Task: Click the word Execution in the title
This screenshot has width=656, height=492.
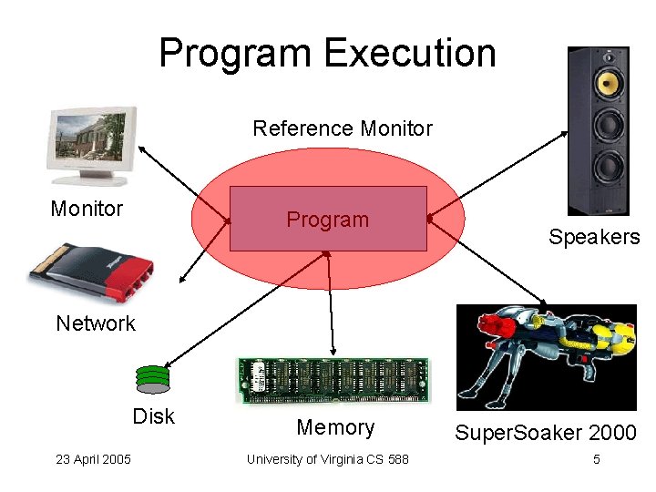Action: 410,53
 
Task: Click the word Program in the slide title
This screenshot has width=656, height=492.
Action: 236,53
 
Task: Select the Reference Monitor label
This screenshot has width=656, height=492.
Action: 342,128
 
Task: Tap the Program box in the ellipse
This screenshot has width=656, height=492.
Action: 328,219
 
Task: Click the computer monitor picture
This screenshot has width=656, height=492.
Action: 94,144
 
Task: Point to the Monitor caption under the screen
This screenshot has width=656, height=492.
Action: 87,209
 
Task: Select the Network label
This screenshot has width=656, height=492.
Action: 95,323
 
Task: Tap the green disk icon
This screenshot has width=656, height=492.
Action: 152,377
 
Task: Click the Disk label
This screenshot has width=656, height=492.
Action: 153,416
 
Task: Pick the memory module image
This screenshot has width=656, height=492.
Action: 333,379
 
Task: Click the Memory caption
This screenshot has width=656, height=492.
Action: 335,427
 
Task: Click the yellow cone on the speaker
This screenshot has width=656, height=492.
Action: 607,83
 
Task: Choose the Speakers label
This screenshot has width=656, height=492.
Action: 594,237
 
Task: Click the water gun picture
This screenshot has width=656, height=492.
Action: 545,356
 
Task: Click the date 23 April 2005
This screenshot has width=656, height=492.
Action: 92,459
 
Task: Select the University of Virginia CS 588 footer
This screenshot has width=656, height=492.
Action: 327,459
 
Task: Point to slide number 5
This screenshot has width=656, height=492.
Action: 596,459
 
